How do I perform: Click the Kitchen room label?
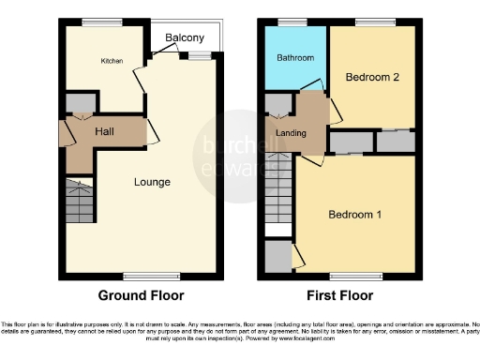112,61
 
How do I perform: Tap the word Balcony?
185,37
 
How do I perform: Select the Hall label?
105,131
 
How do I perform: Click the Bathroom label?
294,58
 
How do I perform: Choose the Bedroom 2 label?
372,77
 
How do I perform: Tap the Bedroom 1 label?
355,215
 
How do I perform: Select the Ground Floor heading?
142,295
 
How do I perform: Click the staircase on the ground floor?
80,201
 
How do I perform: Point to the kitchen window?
96,22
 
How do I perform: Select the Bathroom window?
293,22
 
